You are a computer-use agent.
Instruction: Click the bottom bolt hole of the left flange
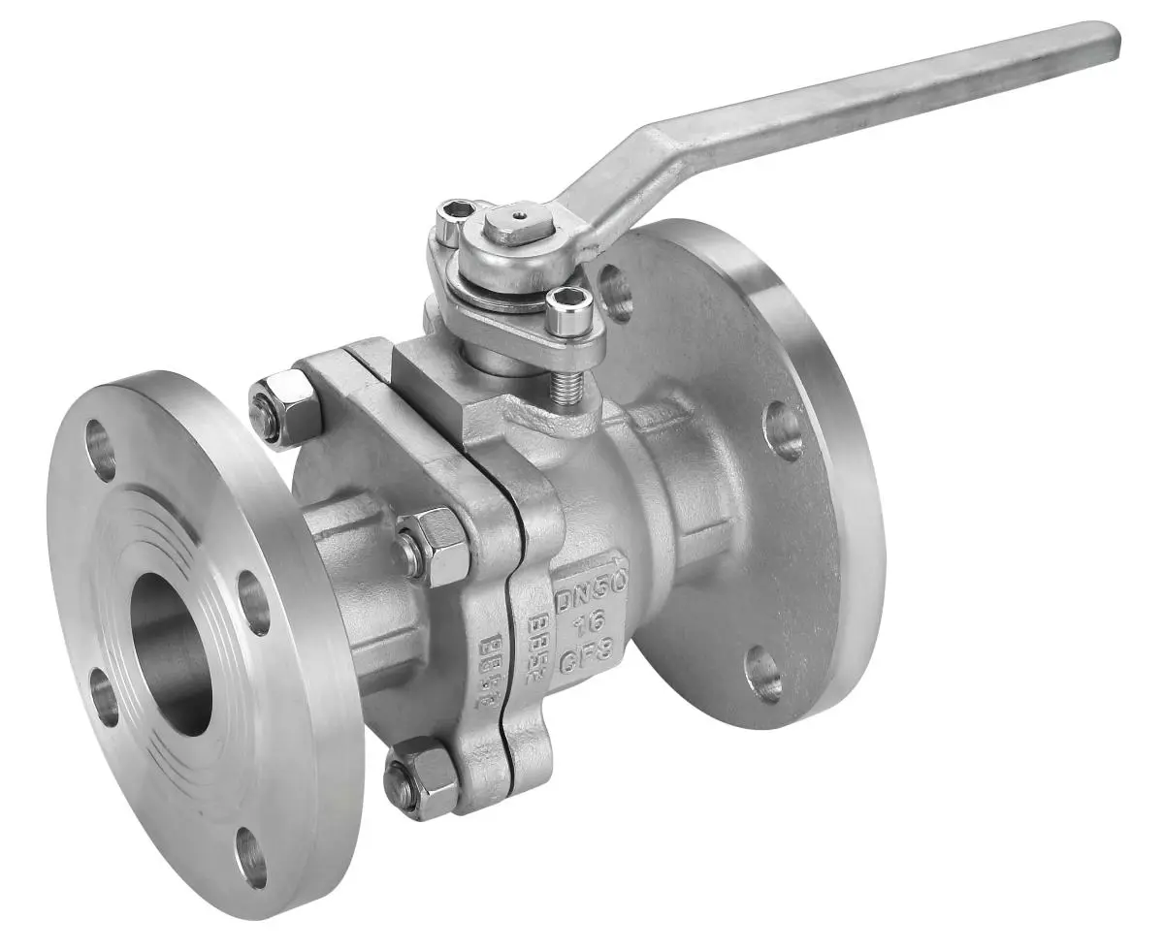251,858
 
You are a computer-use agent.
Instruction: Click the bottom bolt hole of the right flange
764,673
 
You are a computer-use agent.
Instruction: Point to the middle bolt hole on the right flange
784,429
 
